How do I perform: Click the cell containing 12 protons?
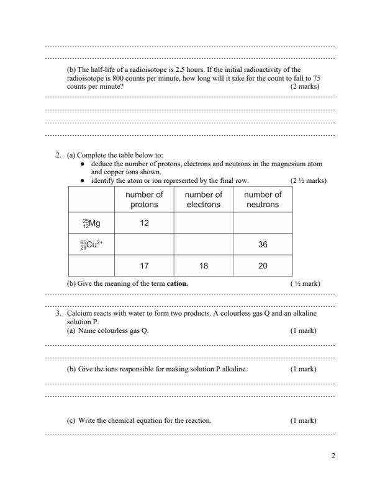point(144,223)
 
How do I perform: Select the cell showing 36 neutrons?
point(262,244)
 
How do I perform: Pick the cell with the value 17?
point(144,265)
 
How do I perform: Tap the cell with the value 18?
point(203,265)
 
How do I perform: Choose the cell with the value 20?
point(262,265)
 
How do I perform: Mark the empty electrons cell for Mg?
point(203,223)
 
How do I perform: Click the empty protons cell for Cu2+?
point(144,244)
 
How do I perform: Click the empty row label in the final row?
point(91,265)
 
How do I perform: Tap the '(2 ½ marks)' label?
point(308,180)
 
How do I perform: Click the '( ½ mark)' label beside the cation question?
point(305,283)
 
